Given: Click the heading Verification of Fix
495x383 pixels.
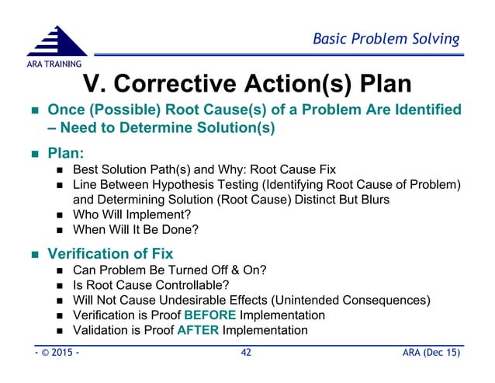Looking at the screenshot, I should click(110, 253).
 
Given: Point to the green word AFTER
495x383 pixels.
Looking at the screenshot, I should click(198, 330).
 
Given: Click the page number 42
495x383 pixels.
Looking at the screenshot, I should click(247, 353).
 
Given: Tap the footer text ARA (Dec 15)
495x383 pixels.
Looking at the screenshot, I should click(427, 353).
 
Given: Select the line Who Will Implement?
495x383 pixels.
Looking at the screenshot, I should click(133, 214).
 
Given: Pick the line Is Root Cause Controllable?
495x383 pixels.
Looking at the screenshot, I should click(151, 284).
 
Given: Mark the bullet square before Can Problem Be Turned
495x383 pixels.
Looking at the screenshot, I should click(61, 270).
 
